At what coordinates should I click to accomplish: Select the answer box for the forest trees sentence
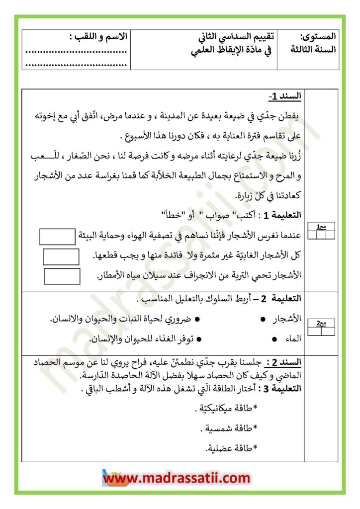pos(61,256)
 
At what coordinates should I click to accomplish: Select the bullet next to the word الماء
pos(275,339)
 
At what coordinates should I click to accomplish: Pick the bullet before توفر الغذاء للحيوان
pos(198,339)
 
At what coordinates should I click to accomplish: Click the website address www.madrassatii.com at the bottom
pos(177,478)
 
